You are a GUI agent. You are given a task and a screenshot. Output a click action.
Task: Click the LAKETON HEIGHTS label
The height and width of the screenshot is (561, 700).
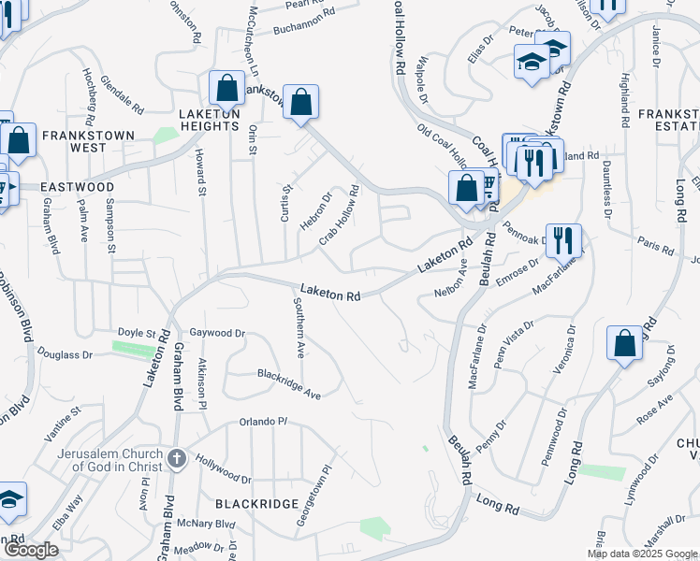tap(209, 120)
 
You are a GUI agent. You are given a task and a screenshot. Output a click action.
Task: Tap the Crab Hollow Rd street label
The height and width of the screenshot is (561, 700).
tap(339, 214)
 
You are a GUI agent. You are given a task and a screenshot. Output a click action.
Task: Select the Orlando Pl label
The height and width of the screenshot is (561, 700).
tap(262, 421)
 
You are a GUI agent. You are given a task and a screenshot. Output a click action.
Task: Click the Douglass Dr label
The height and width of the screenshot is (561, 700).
tap(66, 355)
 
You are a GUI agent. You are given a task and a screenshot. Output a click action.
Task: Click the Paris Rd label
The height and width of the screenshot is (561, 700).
tap(655, 244)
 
